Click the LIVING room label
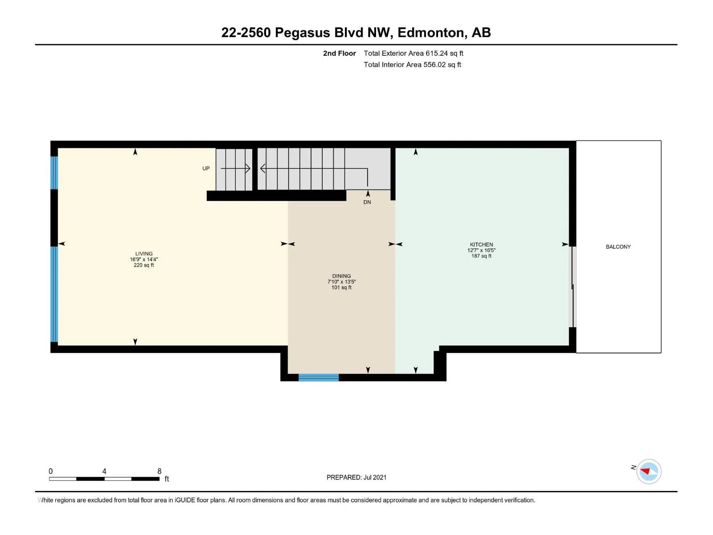143,253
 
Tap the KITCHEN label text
481,244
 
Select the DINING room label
341,276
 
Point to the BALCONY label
618,247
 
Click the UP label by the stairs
205,168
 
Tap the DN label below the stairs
367,202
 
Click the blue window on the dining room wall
318,377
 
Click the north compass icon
648,471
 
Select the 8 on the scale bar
159,471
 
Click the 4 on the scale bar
104,471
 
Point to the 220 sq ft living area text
143,265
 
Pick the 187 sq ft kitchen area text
481,256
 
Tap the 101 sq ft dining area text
341,288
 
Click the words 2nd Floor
339,53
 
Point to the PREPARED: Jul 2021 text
356,477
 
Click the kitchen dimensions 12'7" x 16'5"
481,250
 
